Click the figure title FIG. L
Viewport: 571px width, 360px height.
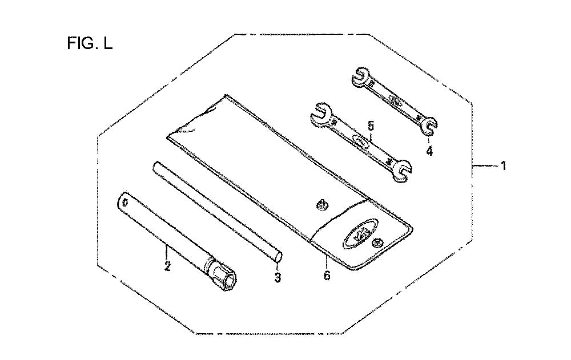90,43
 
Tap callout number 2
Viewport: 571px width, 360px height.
167,266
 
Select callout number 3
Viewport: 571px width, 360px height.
278,278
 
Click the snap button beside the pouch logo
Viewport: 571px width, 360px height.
376,244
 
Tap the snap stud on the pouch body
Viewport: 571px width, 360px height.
321,204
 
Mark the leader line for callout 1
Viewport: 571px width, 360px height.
485,166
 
